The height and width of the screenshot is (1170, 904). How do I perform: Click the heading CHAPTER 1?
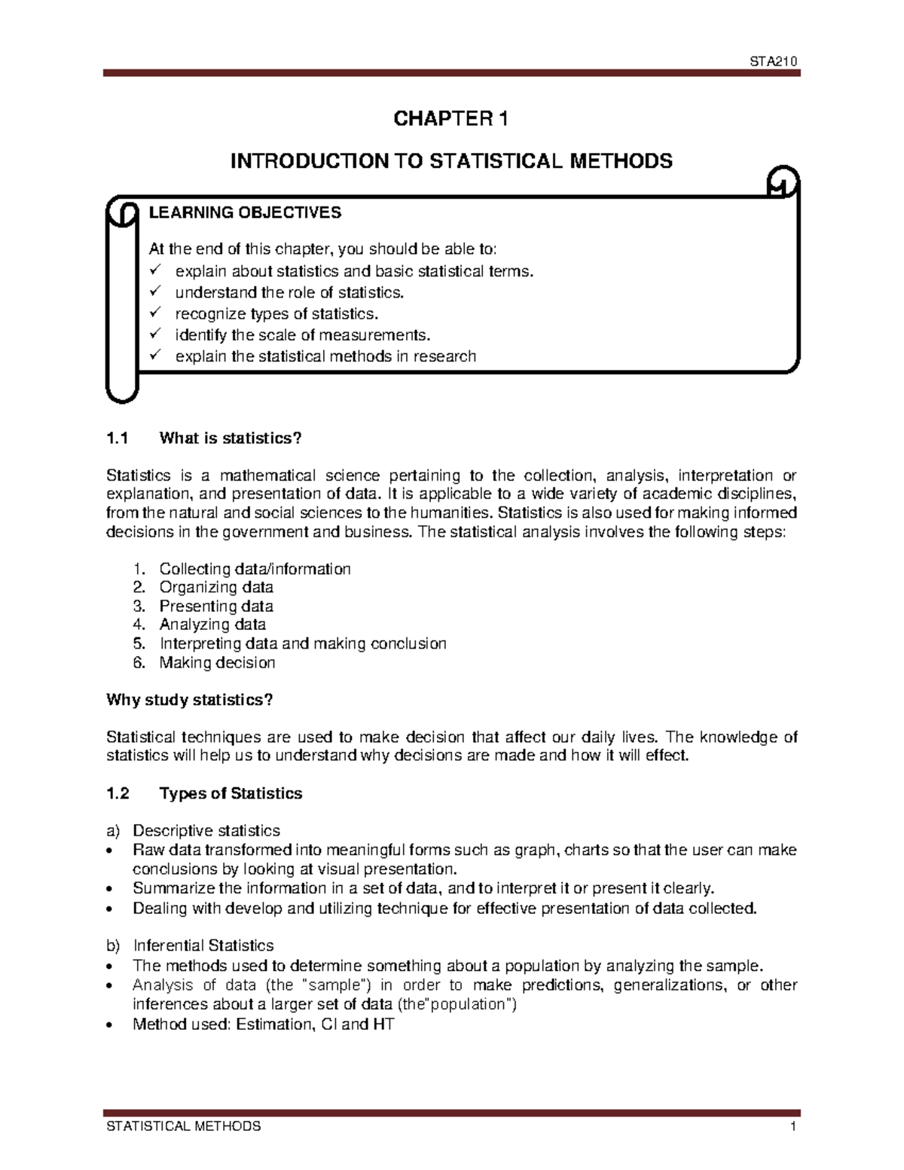(451, 120)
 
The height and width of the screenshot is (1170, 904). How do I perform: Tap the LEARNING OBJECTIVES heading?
(245, 213)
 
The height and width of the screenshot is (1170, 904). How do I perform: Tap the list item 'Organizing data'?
(216, 587)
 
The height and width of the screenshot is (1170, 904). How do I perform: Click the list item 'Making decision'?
(217, 663)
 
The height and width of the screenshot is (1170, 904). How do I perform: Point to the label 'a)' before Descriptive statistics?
(113, 831)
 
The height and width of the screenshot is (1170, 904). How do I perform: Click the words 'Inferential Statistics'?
(203, 945)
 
